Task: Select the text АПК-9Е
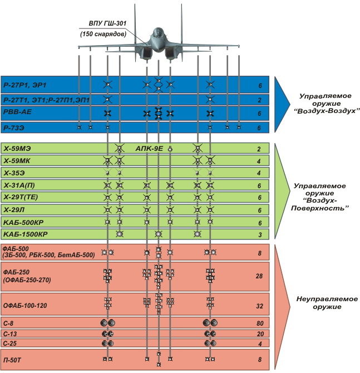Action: pyautogui.click(x=149, y=149)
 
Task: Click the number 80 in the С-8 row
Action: pyautogui.click(x=259, y=323)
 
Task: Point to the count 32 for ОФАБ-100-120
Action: pyautogui.click(x=259, y=305)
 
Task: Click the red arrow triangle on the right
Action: pyautogui.click(x=284, y=306)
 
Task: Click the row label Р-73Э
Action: pyautogui.click(x=15, y=127)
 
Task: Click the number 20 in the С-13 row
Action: pyautogui.click(x=259, y=333)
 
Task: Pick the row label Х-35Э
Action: pyautogui.click(x=15, y=173)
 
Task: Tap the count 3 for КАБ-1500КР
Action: pyautogui.click(x=259, y=234)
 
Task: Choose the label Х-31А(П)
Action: pyautogui.click(x=20, y=185)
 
